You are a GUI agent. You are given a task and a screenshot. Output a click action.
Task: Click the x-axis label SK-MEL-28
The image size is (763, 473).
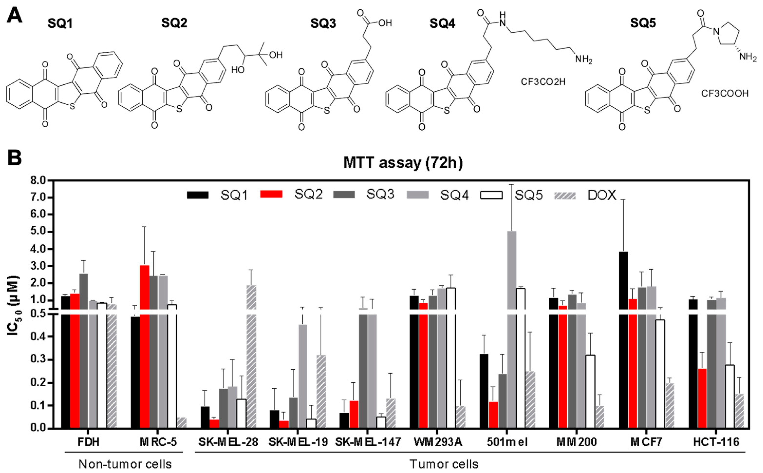point(228,442)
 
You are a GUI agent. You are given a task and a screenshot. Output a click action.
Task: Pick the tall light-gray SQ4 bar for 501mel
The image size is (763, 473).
point(512,329)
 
